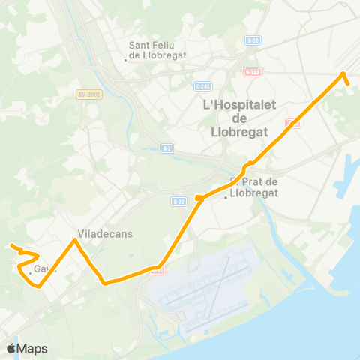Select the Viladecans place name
click(105, 233)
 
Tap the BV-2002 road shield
click(88, 94)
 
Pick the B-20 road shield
click(253, 40)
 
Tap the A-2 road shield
click(166, 148)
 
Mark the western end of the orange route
click(11, 245)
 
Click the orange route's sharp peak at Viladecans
click(74, 241)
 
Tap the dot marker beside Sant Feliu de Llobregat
click(125, 59)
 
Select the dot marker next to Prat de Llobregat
click(226, 198)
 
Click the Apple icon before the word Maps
click(11, 348)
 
